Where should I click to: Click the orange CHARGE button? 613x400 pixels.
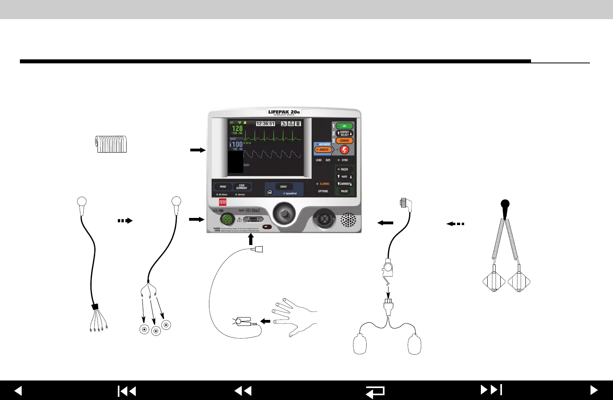[344, 141]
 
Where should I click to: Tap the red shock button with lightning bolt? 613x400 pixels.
[345, 150]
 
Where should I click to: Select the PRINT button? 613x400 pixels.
[223, 186]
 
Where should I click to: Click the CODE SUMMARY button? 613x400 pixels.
[242, 186]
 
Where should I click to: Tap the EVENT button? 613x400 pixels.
[283, 186]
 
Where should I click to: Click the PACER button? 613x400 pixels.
[344, 169]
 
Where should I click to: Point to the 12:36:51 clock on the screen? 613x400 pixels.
[265, 124]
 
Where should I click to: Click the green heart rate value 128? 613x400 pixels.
[237, 129]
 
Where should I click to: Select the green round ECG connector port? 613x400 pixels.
[227, 220]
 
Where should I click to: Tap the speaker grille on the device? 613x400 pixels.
[348, 220]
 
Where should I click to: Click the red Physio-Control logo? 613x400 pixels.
[223, 202]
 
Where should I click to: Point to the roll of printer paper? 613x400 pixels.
[111, 144]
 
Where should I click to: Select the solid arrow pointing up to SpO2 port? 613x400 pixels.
[251, 239]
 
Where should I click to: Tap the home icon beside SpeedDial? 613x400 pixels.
[269, 192]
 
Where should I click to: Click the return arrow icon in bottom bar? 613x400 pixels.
[375, 391]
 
